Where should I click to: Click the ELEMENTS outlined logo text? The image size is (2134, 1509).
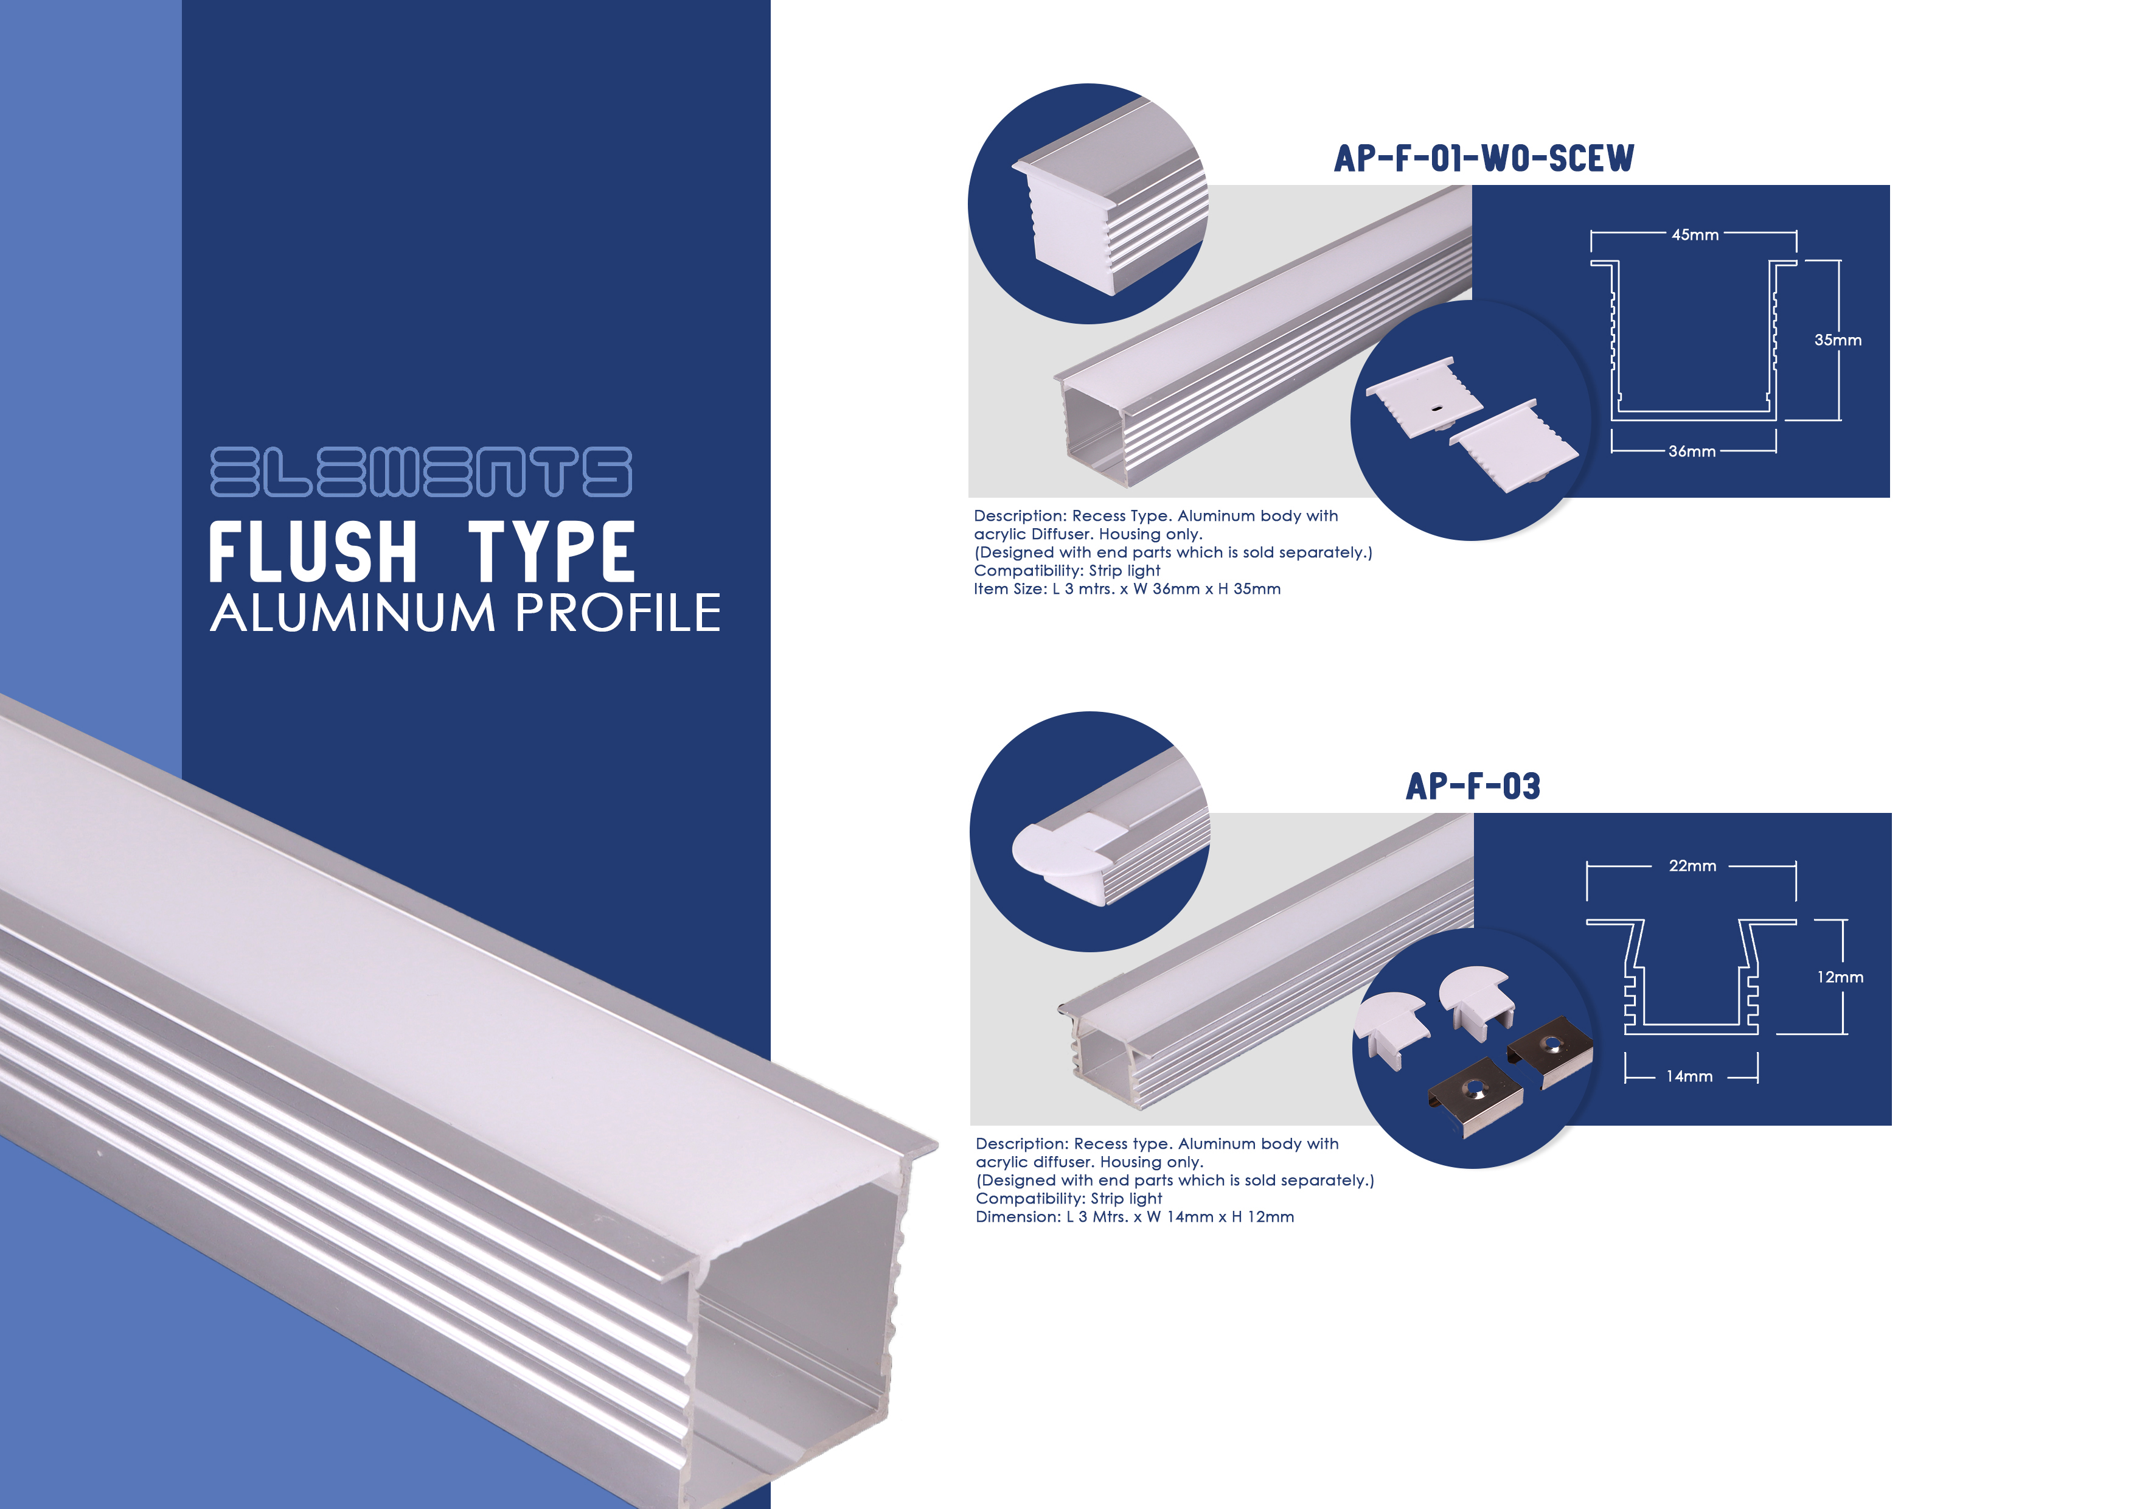tap(421, 472)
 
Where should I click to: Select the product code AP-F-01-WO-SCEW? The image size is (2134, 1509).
tap(1483, 158)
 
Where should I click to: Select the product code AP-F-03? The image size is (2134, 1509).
tap(1473, 787)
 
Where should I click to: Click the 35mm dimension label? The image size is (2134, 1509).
tap(1838, 340)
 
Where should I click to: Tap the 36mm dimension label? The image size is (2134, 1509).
tap(1692, 452)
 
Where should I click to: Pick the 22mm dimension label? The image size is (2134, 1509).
tap(1692, 866)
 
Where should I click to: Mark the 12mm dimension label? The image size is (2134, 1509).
tap(1840, 977)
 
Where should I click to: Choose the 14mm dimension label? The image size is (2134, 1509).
tap(1689, 1076)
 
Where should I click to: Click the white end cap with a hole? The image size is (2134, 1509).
tap(1424, 397)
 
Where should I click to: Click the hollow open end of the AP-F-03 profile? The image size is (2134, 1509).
tap(1103, 1060)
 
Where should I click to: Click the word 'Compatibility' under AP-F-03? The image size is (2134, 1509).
tap(1030, 1199)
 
